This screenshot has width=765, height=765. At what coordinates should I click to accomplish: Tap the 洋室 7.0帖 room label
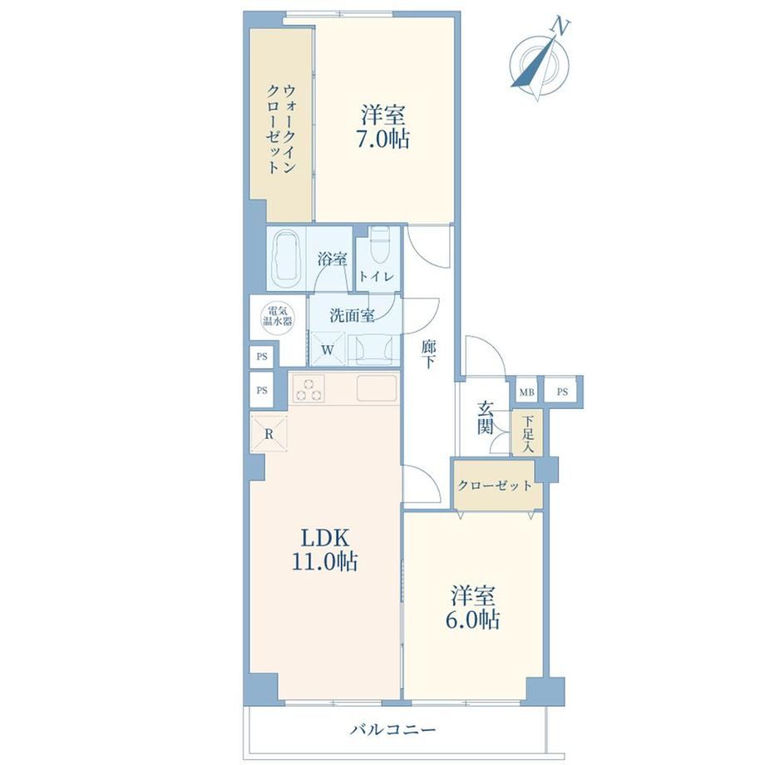383,127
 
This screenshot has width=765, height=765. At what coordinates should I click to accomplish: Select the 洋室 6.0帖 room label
472,607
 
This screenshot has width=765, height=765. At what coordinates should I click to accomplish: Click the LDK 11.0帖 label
324,550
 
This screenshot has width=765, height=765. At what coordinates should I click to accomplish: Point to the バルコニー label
393,730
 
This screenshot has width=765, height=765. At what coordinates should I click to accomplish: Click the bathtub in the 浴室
286,260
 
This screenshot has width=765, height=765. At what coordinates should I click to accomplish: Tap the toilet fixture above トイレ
379,246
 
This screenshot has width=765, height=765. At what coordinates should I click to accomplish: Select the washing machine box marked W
328,348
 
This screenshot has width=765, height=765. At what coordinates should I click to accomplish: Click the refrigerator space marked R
269,432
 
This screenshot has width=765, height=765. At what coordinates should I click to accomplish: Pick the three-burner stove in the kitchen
308,389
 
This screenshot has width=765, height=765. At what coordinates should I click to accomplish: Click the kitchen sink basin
377,388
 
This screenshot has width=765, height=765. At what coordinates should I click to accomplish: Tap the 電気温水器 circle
278,316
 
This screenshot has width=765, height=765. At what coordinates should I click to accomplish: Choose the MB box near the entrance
526,392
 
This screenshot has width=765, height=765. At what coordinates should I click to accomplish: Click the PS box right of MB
562,392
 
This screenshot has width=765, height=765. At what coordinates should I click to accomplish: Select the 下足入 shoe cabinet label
527,432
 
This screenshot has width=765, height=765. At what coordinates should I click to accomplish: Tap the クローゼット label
495,486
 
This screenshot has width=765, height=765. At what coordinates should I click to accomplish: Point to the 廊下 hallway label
429,354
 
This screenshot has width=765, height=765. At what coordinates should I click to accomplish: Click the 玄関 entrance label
486,418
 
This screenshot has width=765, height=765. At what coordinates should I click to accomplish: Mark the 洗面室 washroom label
352,316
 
